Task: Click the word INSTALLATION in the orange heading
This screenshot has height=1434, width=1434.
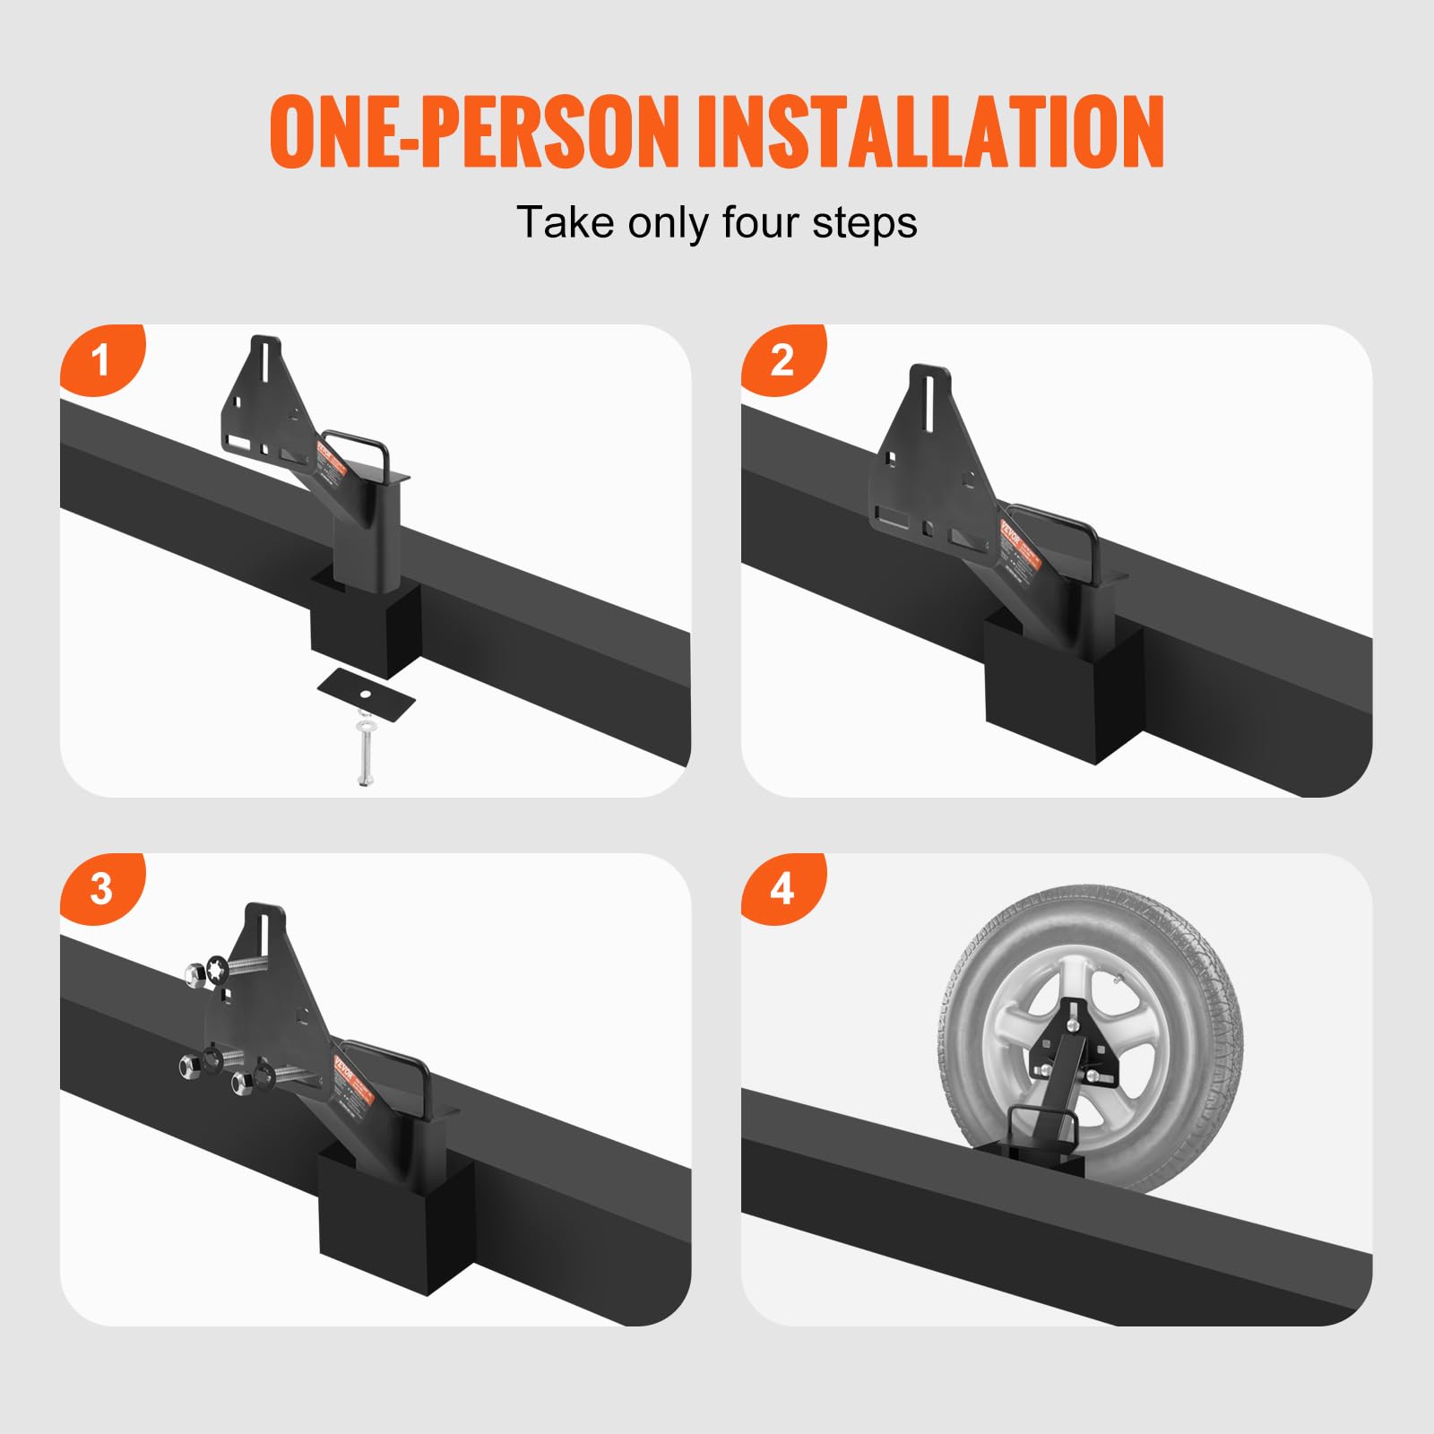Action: point(930,132)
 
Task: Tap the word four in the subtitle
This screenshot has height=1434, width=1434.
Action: point(764,222)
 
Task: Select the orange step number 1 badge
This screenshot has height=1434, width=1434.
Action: point(100,359)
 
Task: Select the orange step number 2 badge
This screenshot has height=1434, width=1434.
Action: point(782,359)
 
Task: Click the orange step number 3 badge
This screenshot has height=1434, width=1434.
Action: point(100,888)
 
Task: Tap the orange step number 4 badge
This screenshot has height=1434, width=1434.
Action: point(782,888)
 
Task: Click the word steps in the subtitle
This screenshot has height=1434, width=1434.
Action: point(865,222)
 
